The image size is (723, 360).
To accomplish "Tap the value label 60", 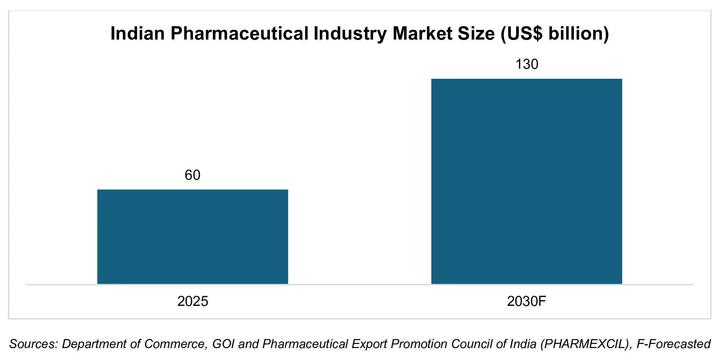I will coord(192,175).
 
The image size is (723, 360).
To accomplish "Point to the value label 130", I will coord(527,64).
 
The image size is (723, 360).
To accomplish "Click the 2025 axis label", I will coord(192,301).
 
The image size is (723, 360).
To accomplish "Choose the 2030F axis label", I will coord(527,301).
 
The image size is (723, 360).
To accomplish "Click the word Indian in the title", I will coord(137,34).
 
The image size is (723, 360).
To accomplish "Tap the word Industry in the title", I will coord(350,34).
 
